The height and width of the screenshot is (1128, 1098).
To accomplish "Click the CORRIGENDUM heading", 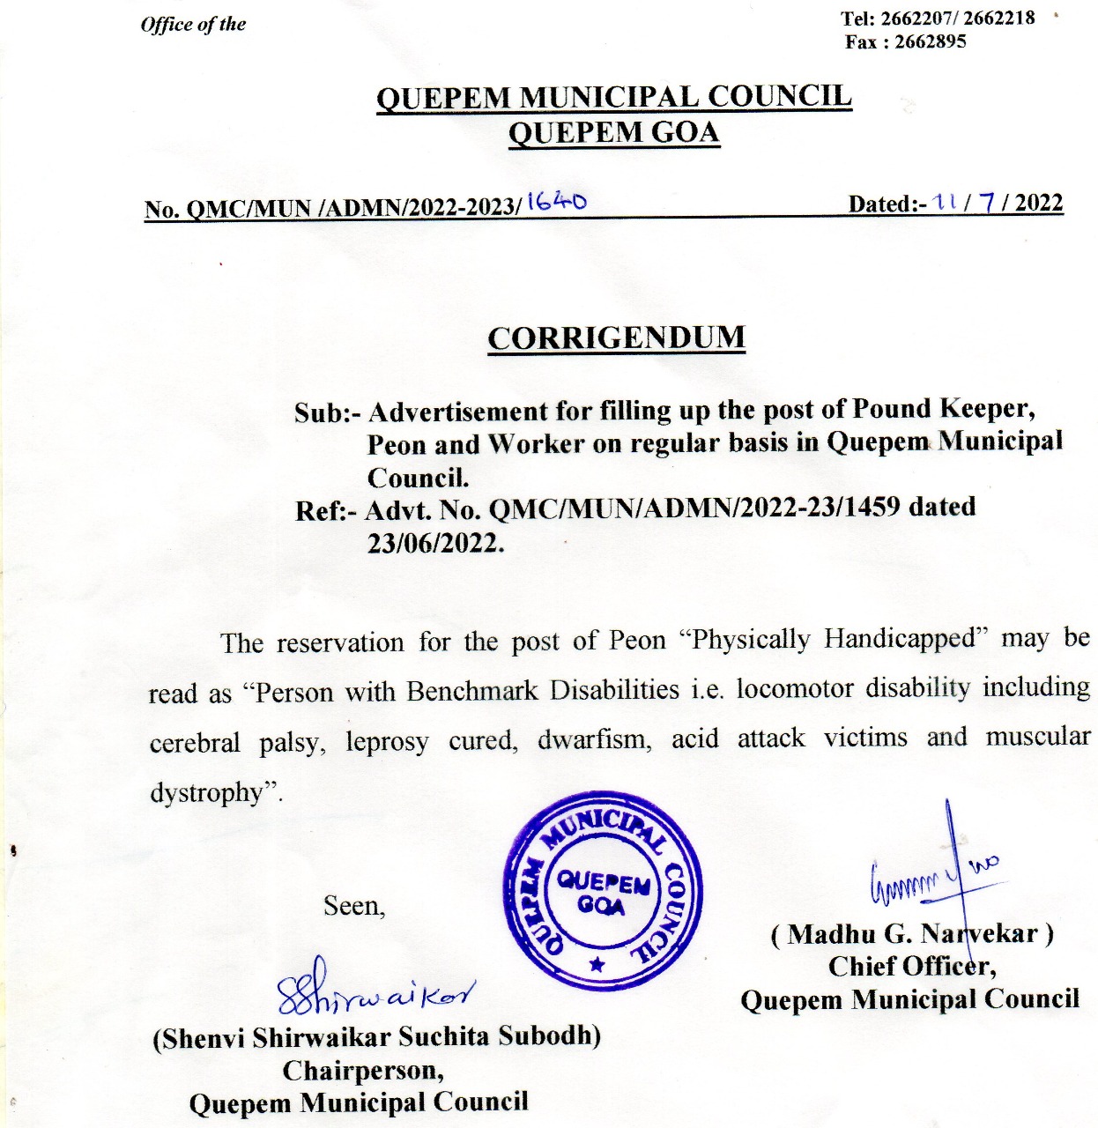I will pos(616,338).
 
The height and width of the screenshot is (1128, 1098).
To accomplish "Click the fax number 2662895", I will pos(930,41).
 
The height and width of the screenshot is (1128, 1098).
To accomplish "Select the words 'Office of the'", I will pos(193,24).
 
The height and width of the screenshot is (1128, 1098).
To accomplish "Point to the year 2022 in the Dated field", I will pos(1039,204).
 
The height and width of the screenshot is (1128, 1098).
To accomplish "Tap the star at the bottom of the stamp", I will pos(597,965).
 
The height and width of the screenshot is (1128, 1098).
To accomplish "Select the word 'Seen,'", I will pos(354,906).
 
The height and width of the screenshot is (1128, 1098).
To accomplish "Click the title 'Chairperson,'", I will pos(363,1071).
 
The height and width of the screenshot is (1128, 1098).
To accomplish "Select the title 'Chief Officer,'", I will pos(912,967).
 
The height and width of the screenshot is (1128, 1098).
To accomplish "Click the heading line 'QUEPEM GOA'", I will pos(614,133).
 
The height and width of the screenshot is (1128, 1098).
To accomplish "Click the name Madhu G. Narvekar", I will pos(912,934).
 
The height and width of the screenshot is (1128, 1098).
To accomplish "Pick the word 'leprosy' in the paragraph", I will pos(387,742).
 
